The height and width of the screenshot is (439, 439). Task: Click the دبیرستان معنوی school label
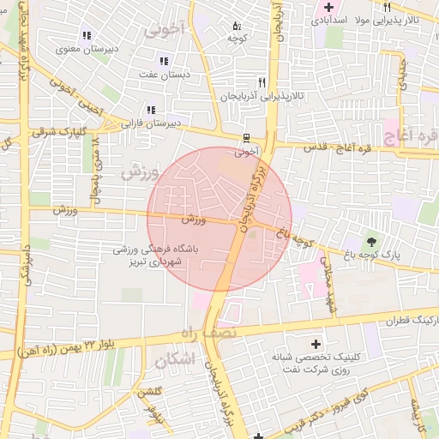(86, 49)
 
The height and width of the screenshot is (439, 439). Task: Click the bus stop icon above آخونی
(247, 137)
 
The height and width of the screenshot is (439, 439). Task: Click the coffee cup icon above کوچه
(237, 25)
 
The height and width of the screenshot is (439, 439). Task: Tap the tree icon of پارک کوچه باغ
(371, 241)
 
